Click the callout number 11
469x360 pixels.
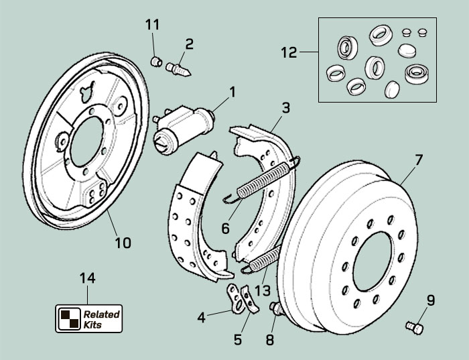153,25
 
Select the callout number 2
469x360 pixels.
190,44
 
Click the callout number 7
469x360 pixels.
419,160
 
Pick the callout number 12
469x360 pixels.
289,53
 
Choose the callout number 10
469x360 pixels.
123,242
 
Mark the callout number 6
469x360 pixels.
225,228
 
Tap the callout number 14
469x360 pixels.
88,278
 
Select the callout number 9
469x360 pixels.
430,300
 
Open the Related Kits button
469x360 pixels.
88,318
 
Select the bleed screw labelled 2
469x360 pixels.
179,68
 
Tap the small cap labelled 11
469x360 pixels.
155,62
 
